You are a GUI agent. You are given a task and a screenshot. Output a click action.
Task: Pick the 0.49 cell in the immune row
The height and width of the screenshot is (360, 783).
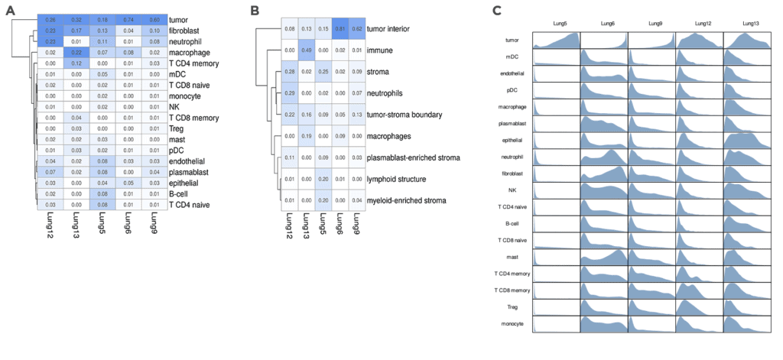tap(304, 50)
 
